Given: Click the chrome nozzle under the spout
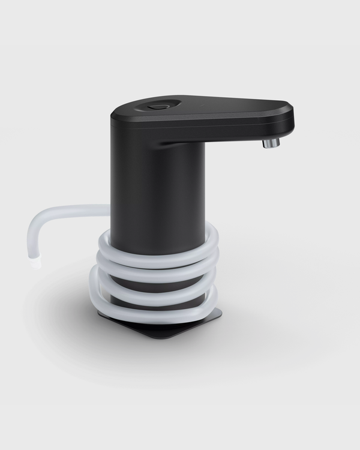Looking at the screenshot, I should tap(271, 143).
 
